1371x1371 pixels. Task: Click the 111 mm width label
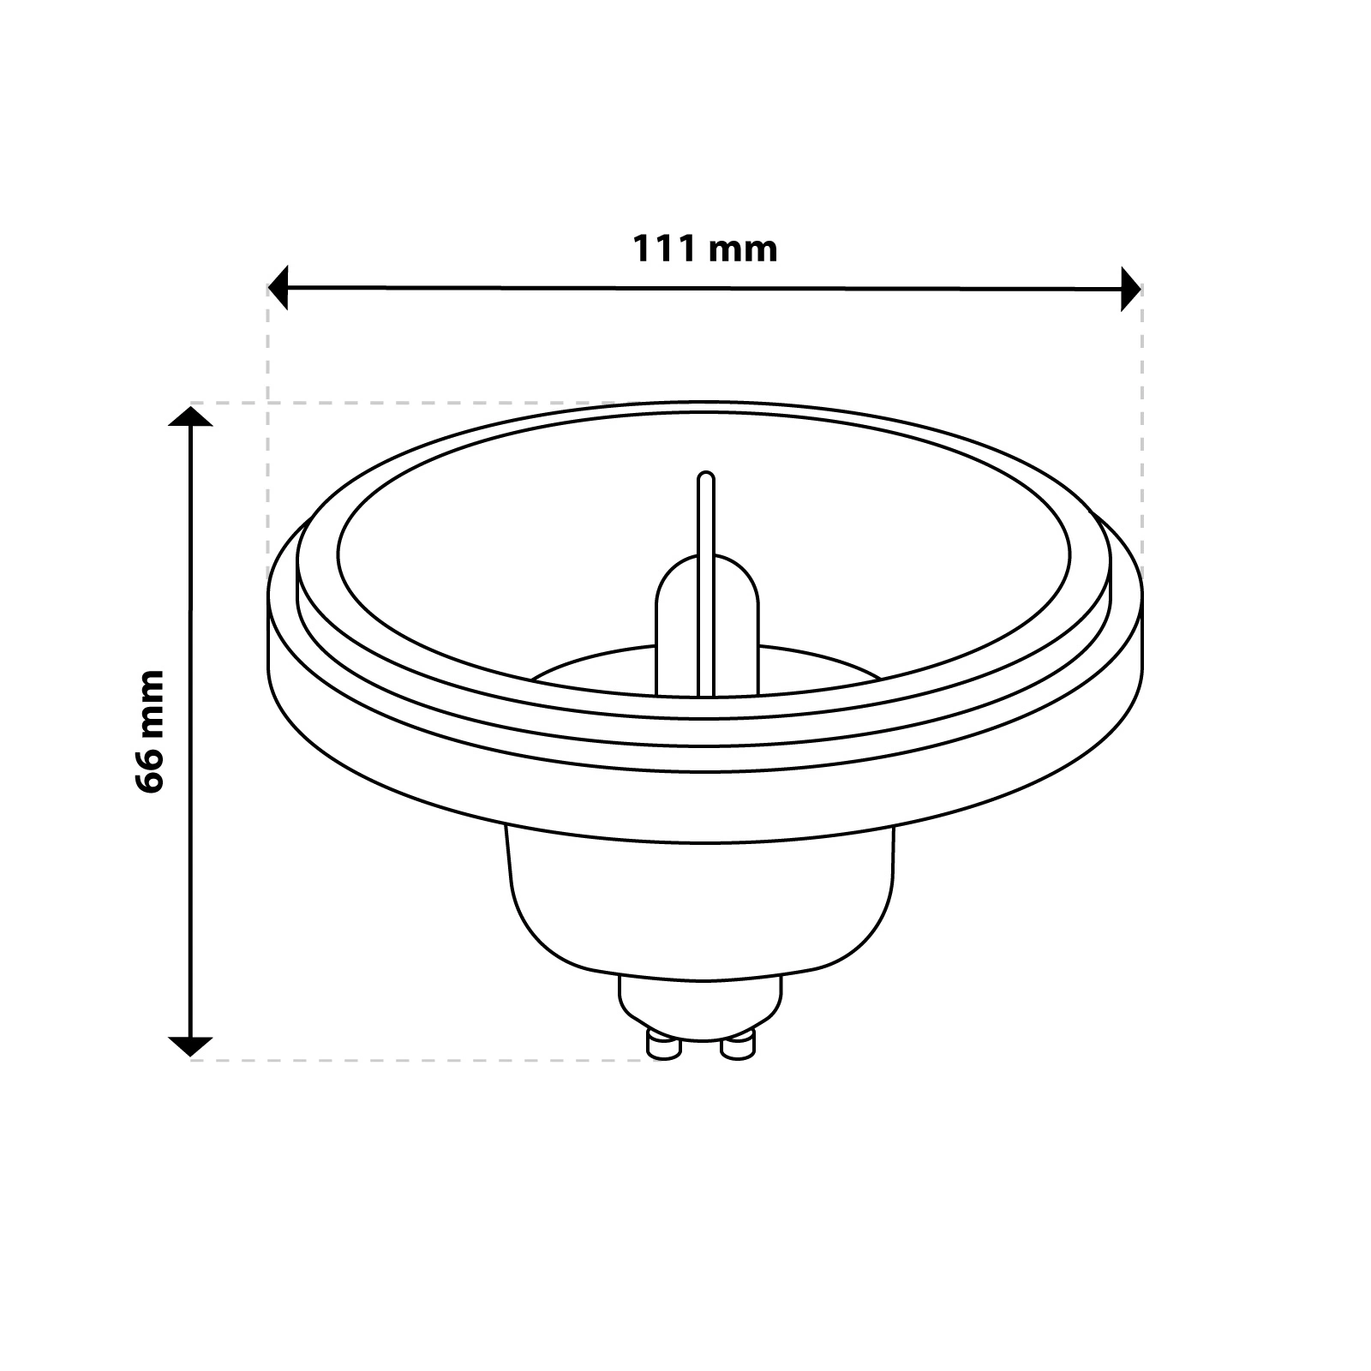pos(705,248)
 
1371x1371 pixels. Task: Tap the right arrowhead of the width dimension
pos(1131,288)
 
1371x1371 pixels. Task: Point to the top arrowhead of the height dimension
pos(190,416)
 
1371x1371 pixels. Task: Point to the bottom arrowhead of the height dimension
pos(190,1046)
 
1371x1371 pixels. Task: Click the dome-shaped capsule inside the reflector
pos(708,625)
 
